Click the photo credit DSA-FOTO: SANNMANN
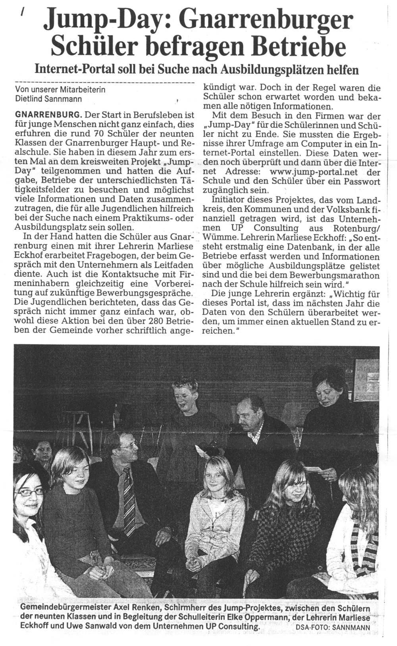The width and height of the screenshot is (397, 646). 333,628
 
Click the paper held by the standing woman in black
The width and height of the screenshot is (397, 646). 318,469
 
